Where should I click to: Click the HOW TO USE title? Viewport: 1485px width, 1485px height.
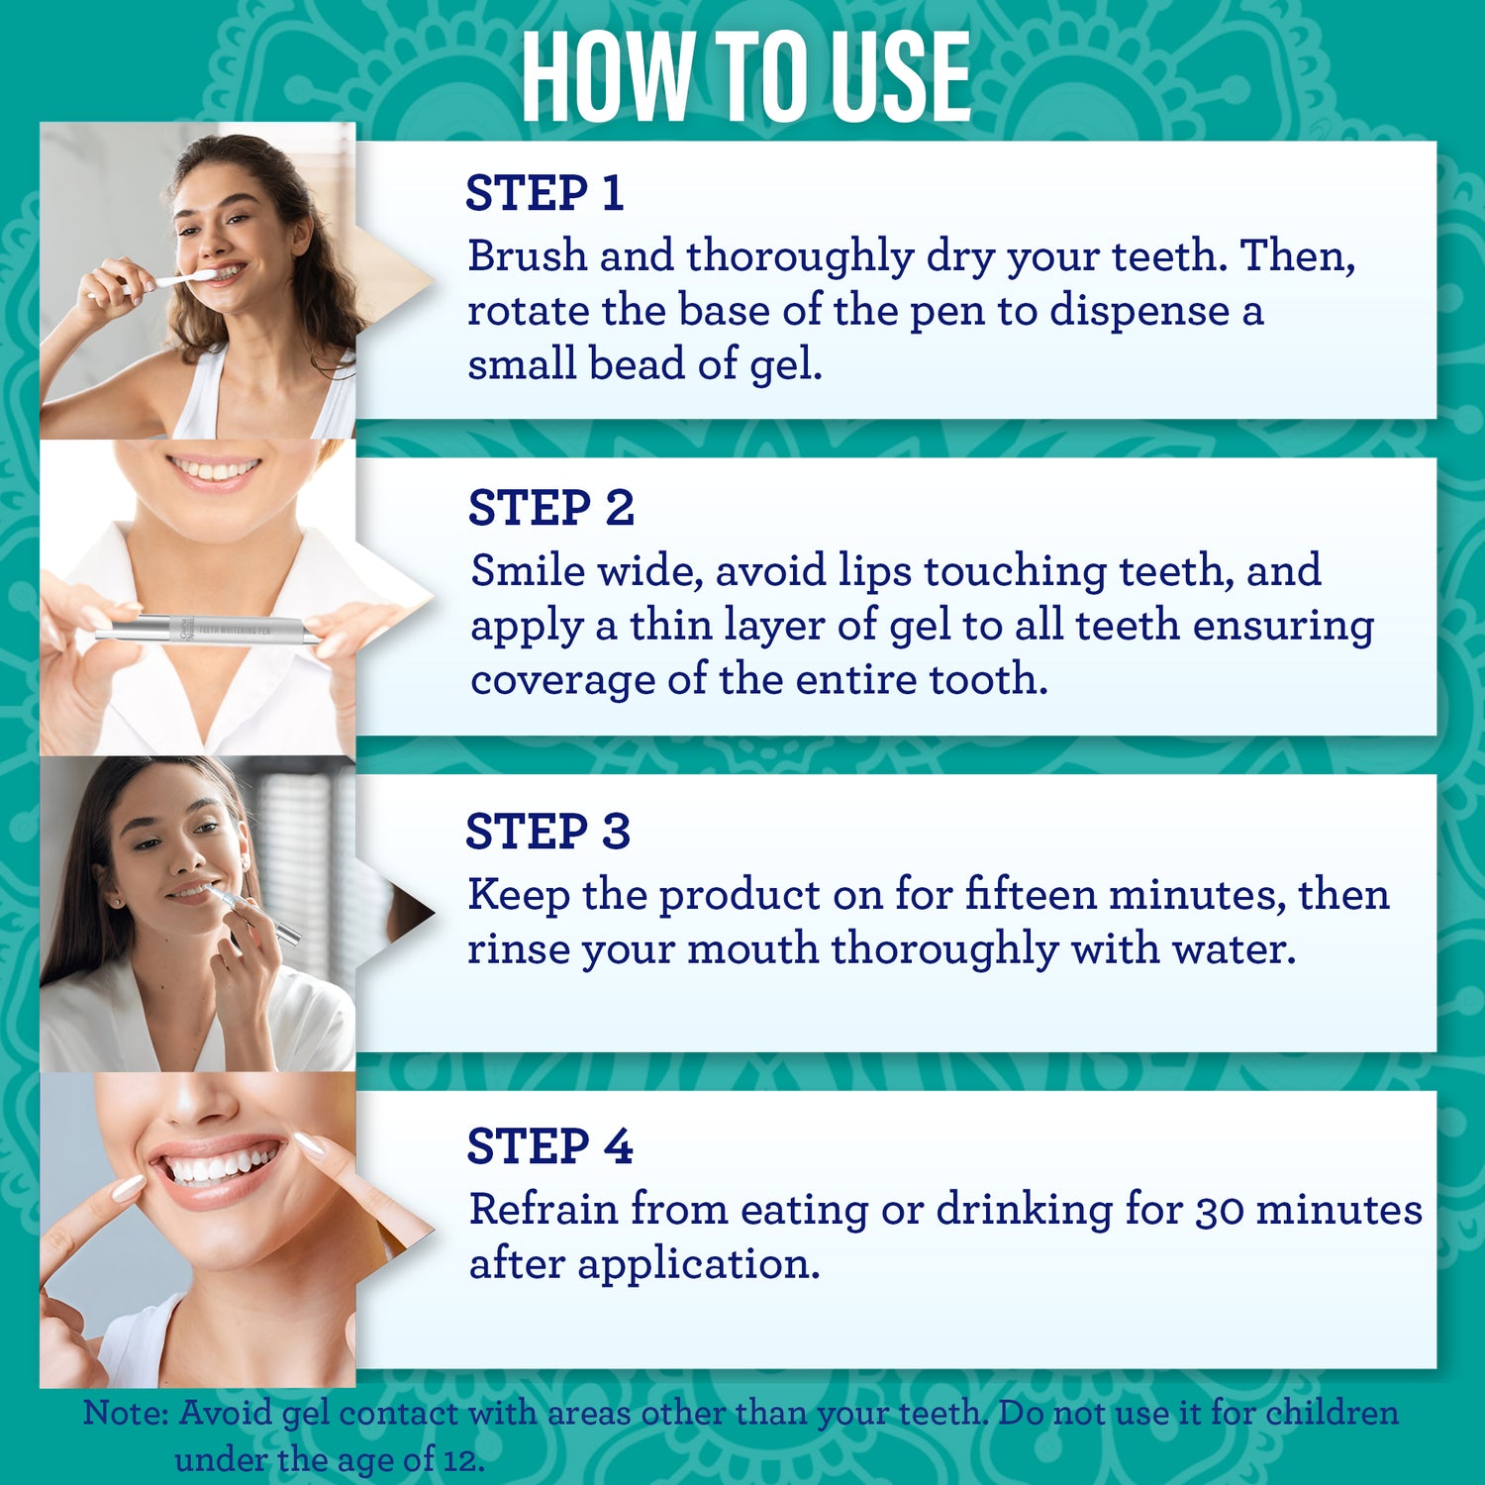745,76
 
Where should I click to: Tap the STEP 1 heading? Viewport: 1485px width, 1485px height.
544,193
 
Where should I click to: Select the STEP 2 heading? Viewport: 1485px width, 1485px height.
550,508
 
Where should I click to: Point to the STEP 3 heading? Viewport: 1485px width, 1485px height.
547,832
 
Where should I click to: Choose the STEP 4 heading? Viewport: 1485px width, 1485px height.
549,1146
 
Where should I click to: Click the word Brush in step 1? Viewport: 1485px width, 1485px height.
528,255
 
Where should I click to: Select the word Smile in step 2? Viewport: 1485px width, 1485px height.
528,570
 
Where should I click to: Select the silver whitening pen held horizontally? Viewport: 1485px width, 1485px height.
208,631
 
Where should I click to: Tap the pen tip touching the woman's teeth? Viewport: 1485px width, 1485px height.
211,890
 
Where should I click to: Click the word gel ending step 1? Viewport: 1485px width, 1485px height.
786,365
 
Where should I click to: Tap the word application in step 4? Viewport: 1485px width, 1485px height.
699,1265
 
